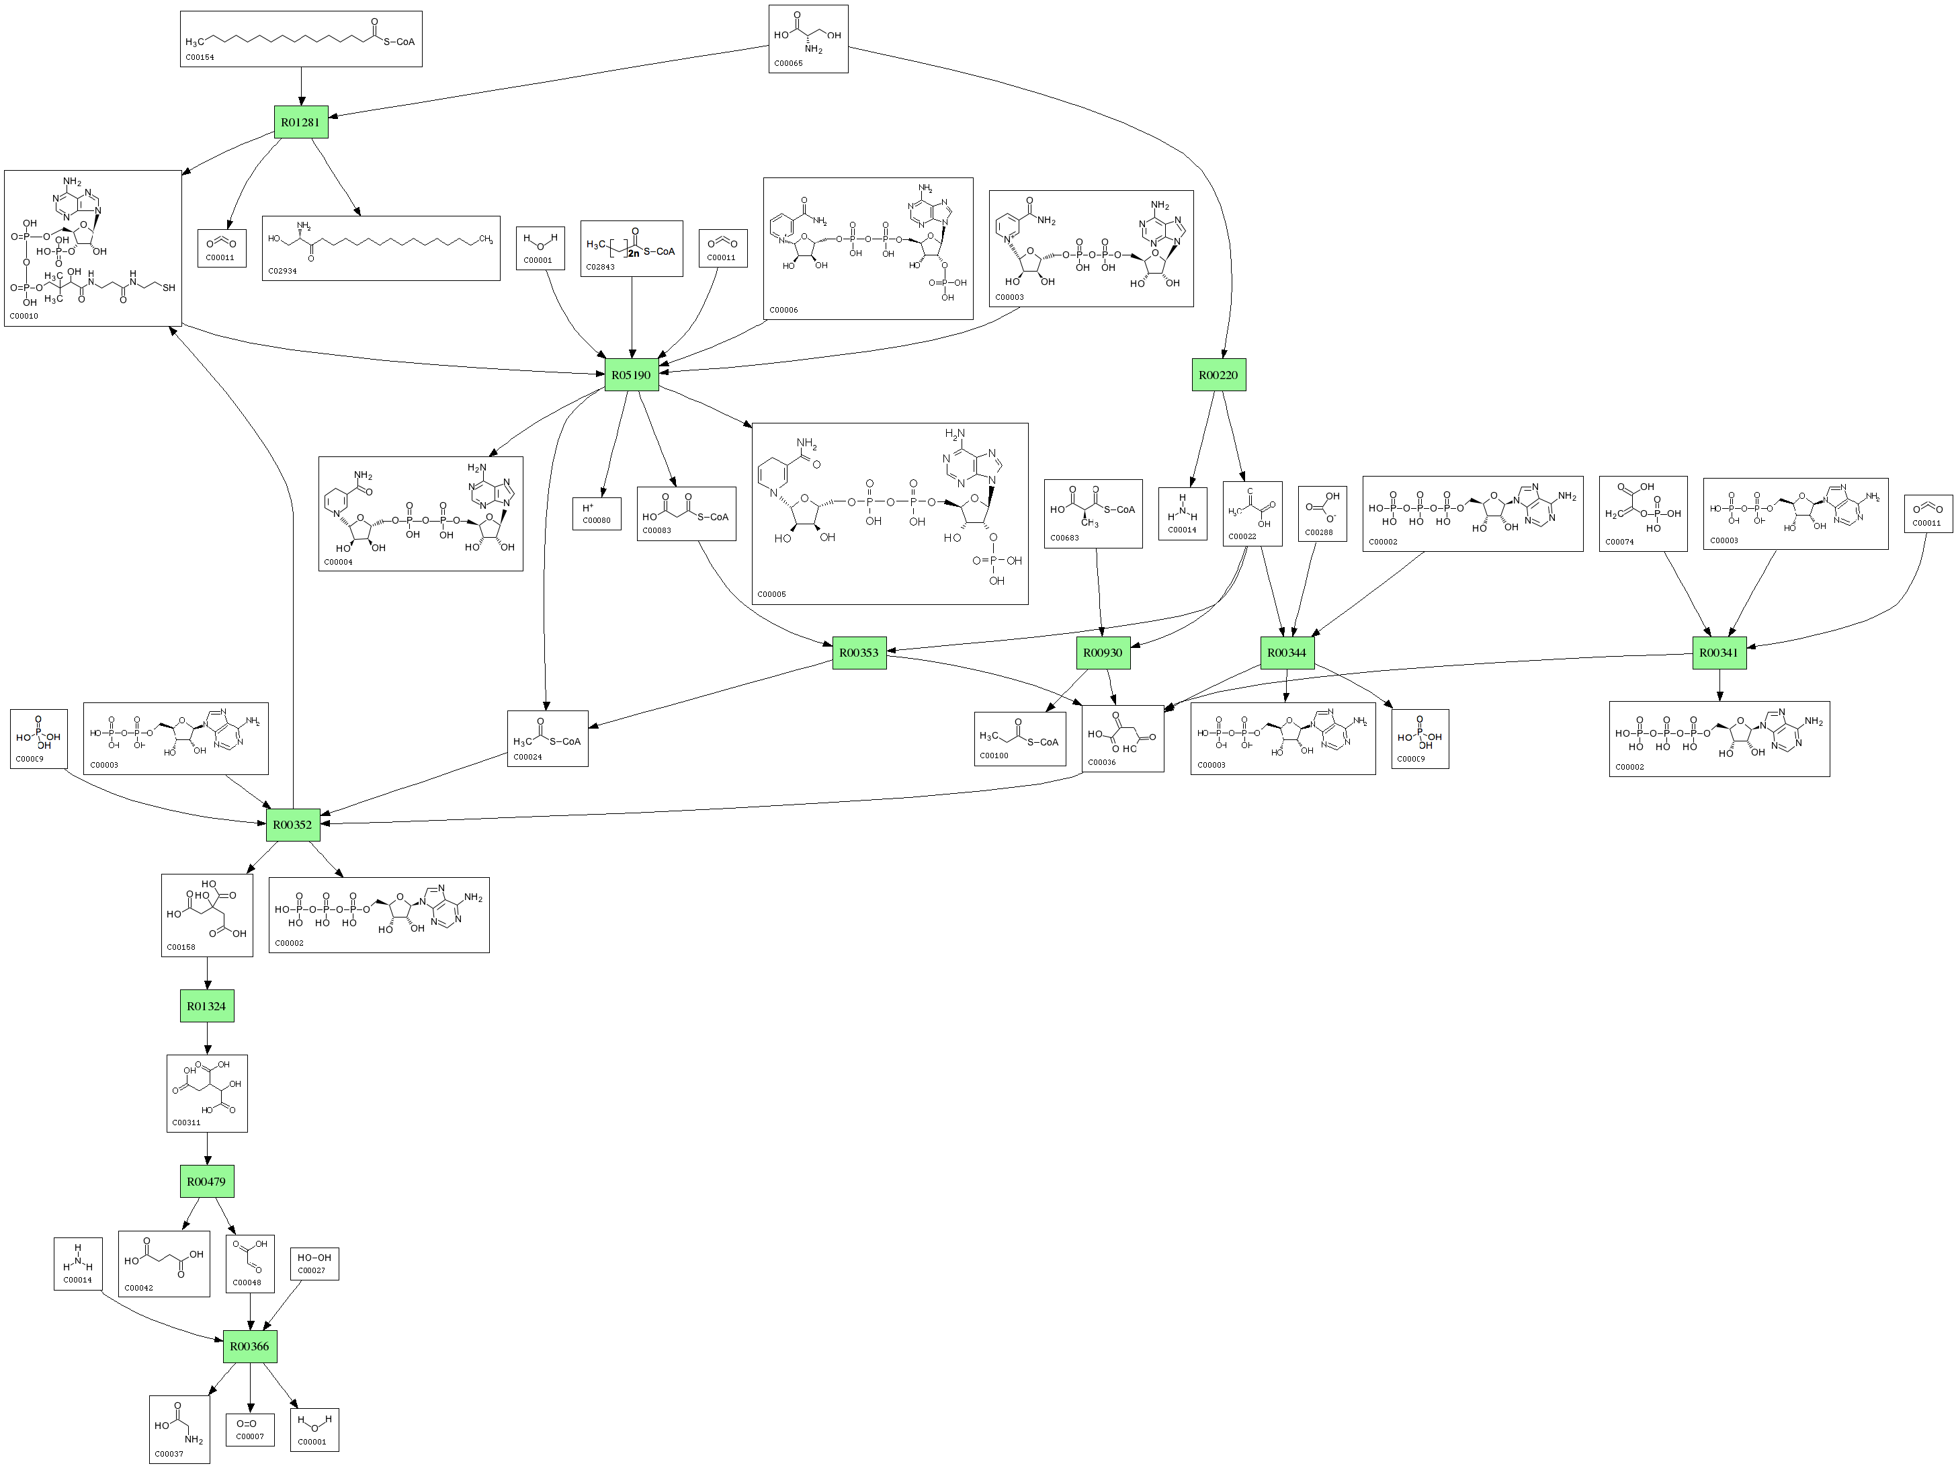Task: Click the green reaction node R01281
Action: [x=300, y=122]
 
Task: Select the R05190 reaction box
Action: [x=630, y=375]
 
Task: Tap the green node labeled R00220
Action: [x=1218, y=375]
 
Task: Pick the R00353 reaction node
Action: [x=859, y=653]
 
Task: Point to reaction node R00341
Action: [x=1719, y=653]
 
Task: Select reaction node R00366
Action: [x=249, y=1346]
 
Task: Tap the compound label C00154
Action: [x=199, y=58]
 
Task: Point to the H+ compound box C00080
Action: [x=597, y=514]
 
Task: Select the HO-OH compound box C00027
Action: [x=314, y=1264]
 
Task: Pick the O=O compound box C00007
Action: [x=249, y=1429]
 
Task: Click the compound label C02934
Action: [x=282, y=272]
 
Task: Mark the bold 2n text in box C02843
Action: [x=633, y=253]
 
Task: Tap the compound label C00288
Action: [x=1318, y=532]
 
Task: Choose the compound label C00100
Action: [x=994, y=756]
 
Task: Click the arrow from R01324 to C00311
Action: [x=207, y=1038]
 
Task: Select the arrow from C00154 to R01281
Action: [x=302, y=86]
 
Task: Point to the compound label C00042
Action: [x=139, y=1289]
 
